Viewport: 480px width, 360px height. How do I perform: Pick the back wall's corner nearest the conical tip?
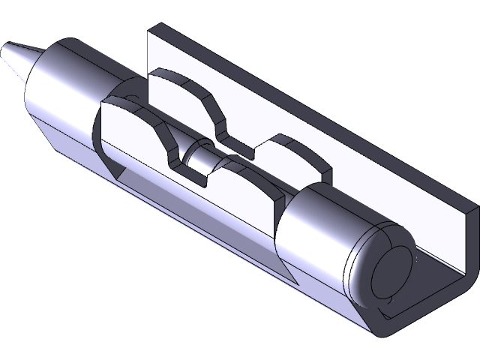(153, 28)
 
